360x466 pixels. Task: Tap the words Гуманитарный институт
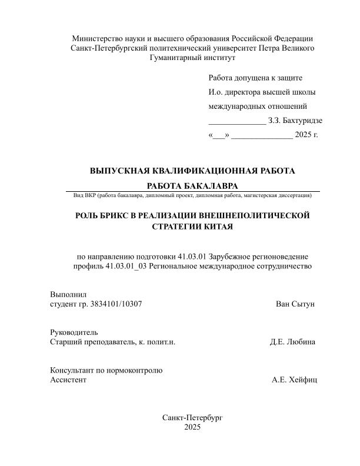pyautogui.click(x=192, y=58)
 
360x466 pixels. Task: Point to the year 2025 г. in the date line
pyautogui.click(x=306, y=135)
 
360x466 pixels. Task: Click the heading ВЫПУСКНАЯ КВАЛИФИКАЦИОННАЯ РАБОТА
pyautogui.click(x=192, y=171)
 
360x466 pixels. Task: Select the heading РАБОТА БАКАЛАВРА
pyautogui.click(x=192, y=186)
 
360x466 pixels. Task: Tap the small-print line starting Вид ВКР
pyautogui.click(x=192, y=195)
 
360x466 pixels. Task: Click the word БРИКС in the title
pyautogui.click(x=119, y=215)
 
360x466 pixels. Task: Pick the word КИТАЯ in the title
pyautogui.click(x=218, y=227)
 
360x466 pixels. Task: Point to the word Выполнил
pyautogui.click(x=69, y=294)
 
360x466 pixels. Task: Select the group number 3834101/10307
pyautogui.click(x=115, y=304)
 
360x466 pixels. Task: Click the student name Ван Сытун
pyautogui.click(x=295, y=304)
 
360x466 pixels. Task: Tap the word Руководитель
pyautogui.click(x=74, y=332)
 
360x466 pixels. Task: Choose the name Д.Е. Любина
pyautogui.click(x=292, y=342)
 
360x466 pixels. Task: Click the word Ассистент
pyautogui.click(x=69, y=380)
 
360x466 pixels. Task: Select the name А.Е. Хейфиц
pyautogui.click(x=294, y=380)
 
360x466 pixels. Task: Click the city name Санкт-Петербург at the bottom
pyautogui.click(x=193, y=417)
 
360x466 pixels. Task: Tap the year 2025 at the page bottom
pyautogui.click(x=192, y=428)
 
